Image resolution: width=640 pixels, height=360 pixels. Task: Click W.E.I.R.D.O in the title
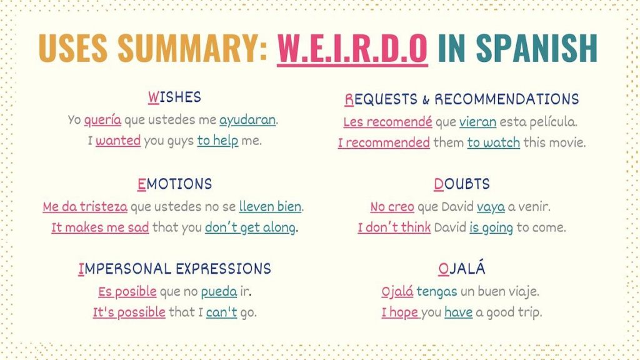coord(352,48)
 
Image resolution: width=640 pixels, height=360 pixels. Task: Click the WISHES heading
coord(174,97)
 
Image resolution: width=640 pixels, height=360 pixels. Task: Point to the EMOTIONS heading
coord(174,184)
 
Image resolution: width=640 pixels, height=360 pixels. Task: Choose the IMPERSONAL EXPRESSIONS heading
coord(174,269)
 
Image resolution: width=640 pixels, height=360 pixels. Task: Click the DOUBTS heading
coord(461,184)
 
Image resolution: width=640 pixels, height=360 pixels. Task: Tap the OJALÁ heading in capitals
coord(461,269)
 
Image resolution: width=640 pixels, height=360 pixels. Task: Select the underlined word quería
coord(102,119)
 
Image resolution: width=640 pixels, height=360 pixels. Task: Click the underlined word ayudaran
coord(247,119)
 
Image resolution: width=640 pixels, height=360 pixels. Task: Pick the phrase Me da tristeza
coord(85,206)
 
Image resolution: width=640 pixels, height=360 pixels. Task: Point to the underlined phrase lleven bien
coord(270,206)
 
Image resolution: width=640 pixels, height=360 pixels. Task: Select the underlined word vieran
coord(477,122)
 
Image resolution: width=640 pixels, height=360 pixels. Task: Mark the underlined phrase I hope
coord(400,312)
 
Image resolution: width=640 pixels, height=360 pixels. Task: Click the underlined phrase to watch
coord(493,142)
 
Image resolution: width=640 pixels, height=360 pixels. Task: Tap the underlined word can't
coord(221,312)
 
